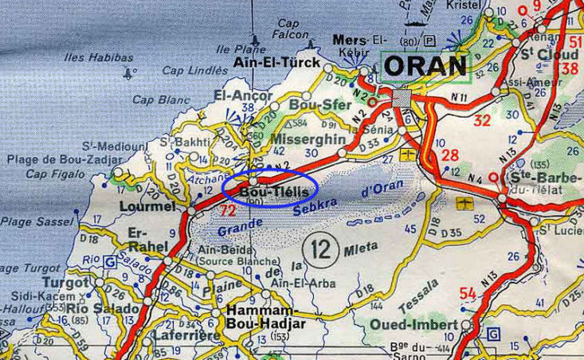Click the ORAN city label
[x=425, y=64]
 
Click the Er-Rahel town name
[x=144, y=240]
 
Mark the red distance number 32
[x=481, y=121]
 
